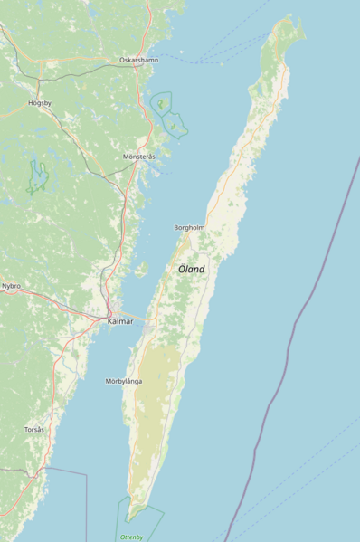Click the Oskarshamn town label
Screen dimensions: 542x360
click(137, 60)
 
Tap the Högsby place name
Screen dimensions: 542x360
click(40, 103)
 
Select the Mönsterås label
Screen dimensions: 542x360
click(139, 157)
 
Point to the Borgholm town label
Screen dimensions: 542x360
click(189, 227)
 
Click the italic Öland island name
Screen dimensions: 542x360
click(191, 269)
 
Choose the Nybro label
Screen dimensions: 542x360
click(11, 285)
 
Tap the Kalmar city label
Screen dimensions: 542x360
click(120, 321)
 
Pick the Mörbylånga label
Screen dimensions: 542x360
click(123, 381)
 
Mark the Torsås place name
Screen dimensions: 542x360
click(34, 428)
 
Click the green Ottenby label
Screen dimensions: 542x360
click(132, 537)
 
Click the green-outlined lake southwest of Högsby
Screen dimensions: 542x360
click(36, 176)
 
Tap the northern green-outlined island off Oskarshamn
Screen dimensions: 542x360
click(161, 103)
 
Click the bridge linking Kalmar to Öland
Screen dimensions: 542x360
click(143, 319)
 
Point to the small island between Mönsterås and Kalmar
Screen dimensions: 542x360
click(142, 268)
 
